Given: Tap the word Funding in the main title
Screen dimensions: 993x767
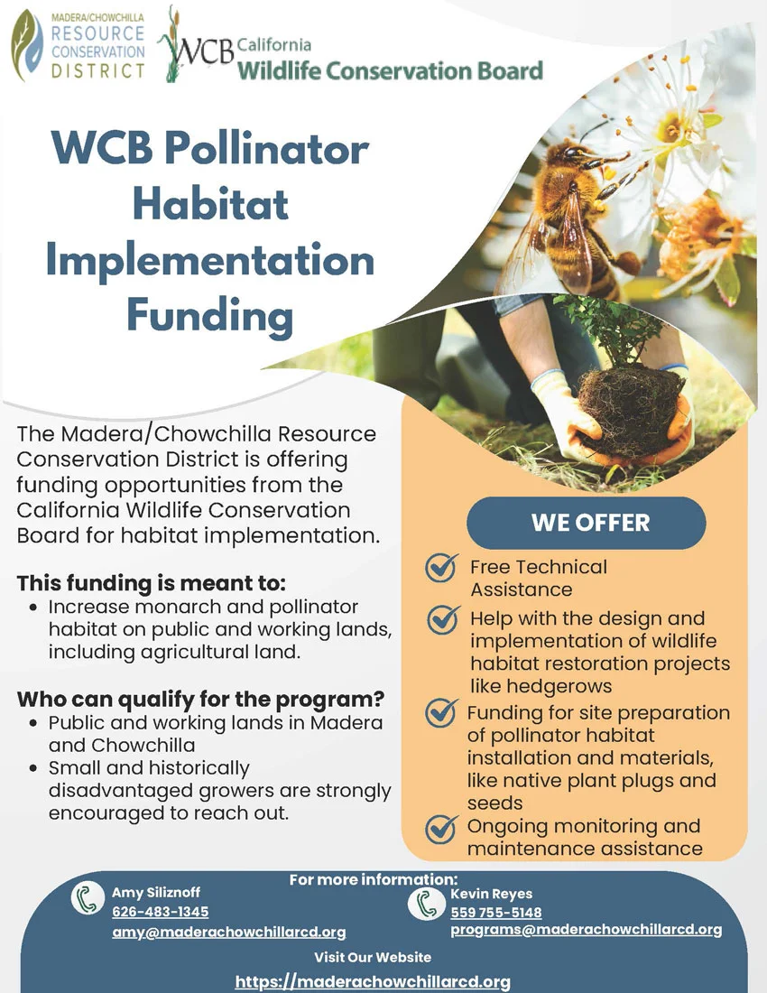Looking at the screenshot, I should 209,316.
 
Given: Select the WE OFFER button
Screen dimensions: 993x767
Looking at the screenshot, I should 586,523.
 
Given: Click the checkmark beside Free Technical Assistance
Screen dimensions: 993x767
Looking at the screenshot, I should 441,568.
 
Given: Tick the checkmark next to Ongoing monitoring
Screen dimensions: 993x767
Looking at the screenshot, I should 441,827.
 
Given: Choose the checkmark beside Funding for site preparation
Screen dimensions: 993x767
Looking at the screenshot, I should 441,713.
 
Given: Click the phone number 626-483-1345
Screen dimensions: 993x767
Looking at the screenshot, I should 160,912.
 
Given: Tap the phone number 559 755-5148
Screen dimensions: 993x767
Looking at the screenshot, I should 496,913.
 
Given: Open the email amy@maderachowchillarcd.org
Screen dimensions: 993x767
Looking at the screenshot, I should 228,933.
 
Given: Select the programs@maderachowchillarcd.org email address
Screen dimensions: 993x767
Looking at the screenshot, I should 586,930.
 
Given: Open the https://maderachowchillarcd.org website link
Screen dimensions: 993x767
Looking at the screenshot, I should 373,981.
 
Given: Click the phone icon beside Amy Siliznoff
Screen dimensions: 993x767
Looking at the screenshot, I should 88,899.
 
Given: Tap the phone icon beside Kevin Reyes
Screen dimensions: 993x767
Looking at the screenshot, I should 422,903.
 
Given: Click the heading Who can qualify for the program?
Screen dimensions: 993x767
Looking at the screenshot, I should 201,699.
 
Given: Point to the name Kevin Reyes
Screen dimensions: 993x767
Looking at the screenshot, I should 491,894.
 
